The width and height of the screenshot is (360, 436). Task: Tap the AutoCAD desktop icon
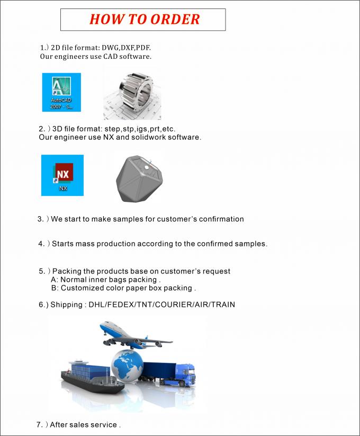[61, 92]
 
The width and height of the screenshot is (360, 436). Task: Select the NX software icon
[62, 175]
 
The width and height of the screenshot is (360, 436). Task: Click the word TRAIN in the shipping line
[222, 305]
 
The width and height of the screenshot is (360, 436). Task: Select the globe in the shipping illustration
[127, 366]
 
